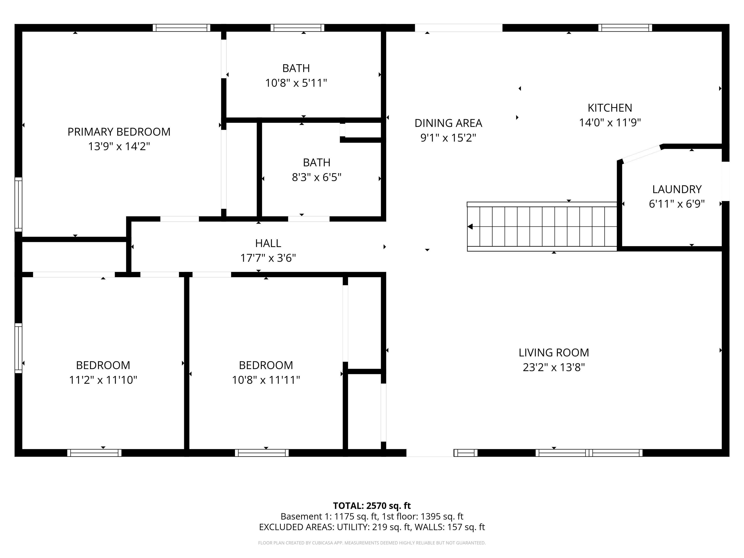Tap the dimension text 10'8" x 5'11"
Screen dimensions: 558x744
(x=296, y=83)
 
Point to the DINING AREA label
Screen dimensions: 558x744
(x=448, y=123)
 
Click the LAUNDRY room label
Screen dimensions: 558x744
(x=677, y=189)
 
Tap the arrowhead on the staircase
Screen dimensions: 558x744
(x=470, y=227)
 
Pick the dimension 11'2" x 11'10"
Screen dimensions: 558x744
(x=103, y=380)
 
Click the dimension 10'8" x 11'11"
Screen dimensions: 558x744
(x=266, y=380)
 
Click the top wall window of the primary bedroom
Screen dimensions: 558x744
(x=181, y=28)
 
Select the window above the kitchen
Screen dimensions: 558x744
(x=625, y=28)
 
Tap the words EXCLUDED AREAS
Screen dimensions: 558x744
(x=296, y=527)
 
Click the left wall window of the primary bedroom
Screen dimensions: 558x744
(x=18, y=204)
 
